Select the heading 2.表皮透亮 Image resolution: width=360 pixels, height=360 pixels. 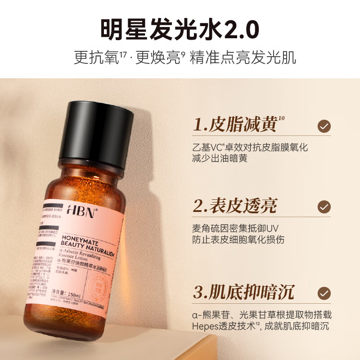click(x=235, y=206)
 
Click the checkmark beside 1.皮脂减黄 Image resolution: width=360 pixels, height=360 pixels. click(x=324, y=126)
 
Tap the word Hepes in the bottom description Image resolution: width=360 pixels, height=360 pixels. click(x=205, y=326)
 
